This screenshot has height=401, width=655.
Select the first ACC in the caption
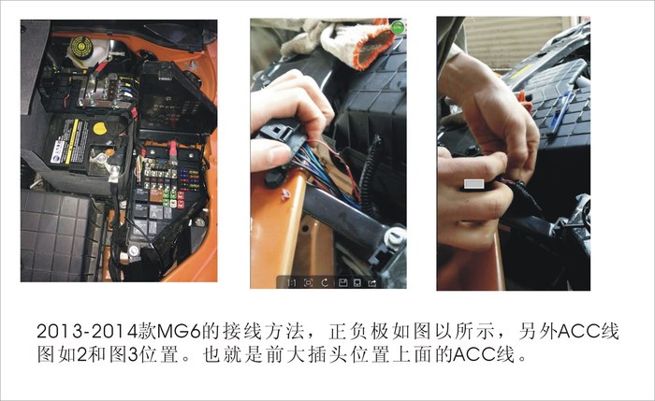pos(567,334)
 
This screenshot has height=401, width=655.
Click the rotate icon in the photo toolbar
pos(324,281)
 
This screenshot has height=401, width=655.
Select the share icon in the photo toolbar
pos(373,281)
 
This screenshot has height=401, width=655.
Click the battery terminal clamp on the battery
pos(112,172)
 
